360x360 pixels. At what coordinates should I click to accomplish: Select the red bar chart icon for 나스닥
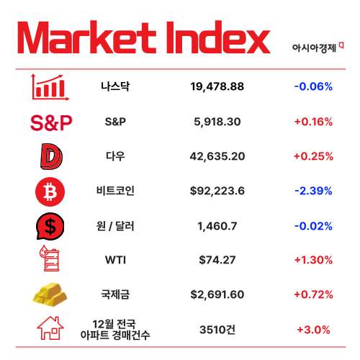click(x=50, y=86)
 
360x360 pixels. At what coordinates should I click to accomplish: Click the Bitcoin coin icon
click(x=50, y=192)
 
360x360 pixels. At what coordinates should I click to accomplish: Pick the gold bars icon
click(x=50, y=294)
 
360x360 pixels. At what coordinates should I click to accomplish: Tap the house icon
click(x=50, y=329)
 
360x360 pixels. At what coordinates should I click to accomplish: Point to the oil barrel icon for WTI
click(x=50, y=260)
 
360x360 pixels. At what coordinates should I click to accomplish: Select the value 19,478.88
click(x=217, y=86)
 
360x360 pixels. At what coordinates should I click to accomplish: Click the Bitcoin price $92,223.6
click(x=217, y=191)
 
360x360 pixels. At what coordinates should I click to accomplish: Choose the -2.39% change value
click(x=313, y=191)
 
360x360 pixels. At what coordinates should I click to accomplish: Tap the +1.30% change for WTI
click(x=313, y=260)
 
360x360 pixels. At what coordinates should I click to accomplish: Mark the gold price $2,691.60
click(x=217, y=294)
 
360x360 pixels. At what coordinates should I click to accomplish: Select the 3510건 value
click(x=217, y=329)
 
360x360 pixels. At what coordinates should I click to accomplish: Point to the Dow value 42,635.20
click(x=217, y=156)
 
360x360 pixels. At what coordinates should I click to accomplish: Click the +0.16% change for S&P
click(x=313, y=122)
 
